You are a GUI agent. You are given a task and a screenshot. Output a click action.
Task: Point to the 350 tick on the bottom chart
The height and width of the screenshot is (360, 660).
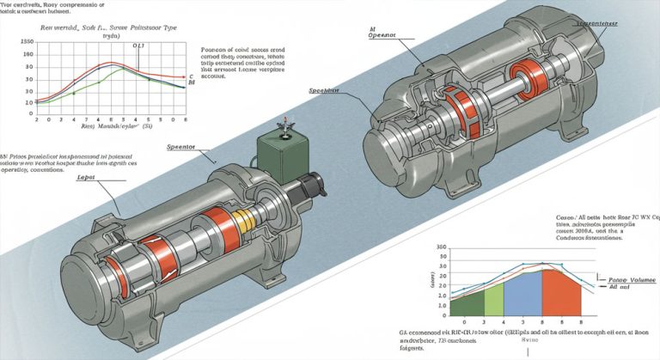click(443, 248)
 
